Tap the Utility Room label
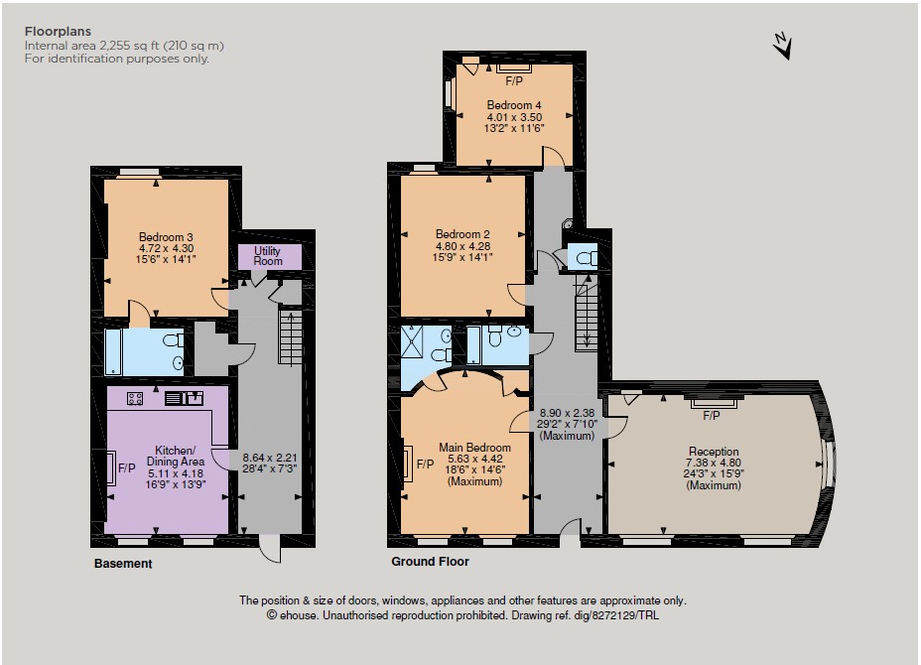pos(268,255)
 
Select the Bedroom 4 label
pos(514,105)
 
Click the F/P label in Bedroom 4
pos(514,81)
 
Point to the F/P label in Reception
pos(712,415)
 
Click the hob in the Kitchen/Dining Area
pos(135,399)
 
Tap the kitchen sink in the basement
pos(184,398)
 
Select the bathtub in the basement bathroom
pos(113,352)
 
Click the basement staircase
pos(290,331)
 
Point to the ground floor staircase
pos(586,316)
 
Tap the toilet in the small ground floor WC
pos(586,258)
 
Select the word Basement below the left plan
pos(123,564)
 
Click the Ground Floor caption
pos(430,562)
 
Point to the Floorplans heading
pos(59,32)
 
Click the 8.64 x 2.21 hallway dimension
pos(270,458)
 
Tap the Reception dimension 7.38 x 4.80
pos(714,463)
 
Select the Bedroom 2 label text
pos(462,234)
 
